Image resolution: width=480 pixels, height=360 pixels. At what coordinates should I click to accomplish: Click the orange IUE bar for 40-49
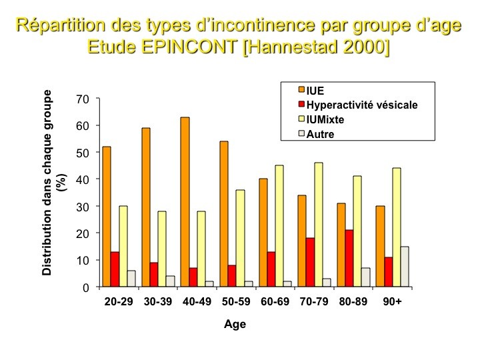tap(185, 202)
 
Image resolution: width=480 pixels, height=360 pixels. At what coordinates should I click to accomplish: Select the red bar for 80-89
tap(349, 259)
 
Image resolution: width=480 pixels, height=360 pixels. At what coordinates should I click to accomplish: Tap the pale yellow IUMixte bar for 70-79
tap(319, 225)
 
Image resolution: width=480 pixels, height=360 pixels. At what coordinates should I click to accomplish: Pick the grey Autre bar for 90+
tap(405, 267)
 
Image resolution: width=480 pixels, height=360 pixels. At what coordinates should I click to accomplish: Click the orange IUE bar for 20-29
tap(107, 217)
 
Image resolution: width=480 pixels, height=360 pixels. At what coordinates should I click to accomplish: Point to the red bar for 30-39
tap(154, 275)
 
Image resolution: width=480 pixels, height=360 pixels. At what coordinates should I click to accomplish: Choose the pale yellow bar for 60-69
tap(279, 226)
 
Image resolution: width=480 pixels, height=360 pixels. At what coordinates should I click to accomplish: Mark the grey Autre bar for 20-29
tap(131, 279)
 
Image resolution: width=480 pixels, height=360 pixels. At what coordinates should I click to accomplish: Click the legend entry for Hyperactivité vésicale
tap(358, 105)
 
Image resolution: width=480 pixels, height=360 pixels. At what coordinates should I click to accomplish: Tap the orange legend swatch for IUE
tap(301, 90)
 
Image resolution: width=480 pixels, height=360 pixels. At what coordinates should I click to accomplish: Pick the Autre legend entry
tap(316, 134)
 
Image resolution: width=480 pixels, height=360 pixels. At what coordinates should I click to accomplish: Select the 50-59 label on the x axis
tap(236, 301)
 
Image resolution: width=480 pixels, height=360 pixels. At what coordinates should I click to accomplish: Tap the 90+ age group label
tap(392, 301)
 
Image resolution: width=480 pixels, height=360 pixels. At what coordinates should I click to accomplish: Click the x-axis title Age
tap(235, 324)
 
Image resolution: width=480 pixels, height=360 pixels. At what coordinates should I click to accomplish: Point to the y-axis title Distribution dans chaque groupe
tap(47, 183)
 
